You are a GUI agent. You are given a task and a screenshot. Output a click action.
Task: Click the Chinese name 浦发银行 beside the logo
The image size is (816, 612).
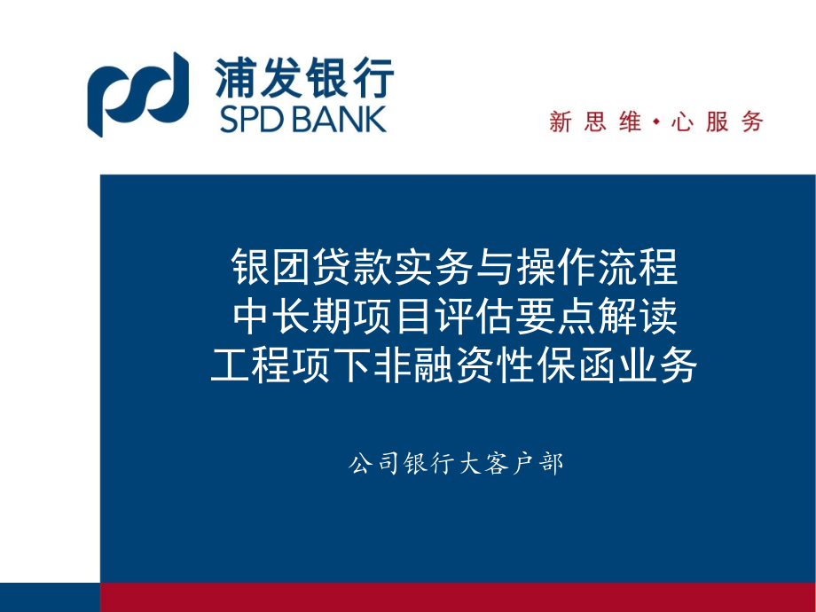304,78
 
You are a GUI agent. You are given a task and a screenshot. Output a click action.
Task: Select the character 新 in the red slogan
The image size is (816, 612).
561,122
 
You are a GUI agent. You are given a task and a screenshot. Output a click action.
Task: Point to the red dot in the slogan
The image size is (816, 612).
655,122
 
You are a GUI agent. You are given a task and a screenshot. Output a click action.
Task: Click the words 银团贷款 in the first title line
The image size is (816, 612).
286,266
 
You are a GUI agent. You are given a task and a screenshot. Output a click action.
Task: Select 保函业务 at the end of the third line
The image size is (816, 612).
641,365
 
